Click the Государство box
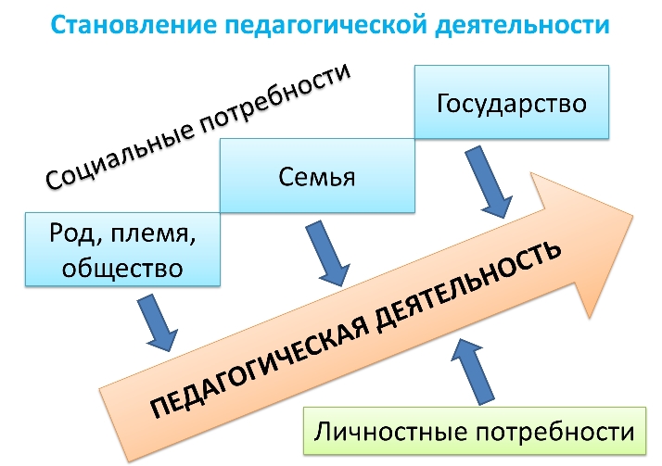(x=511, y=102)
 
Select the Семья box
(x=316, y=176)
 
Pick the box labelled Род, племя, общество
(x=121, y=248)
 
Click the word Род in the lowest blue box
(x=68, y=233)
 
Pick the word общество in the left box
(x=121, y=268)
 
